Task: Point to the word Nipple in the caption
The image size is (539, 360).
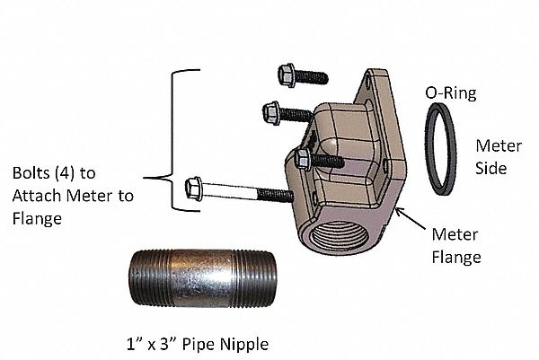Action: [243, 343]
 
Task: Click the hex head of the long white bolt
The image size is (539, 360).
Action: [192, 189]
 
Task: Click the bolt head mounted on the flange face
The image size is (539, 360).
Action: [303, 160]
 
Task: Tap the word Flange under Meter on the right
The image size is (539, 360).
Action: [459, 257]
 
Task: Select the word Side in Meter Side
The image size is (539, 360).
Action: [490, 168]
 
